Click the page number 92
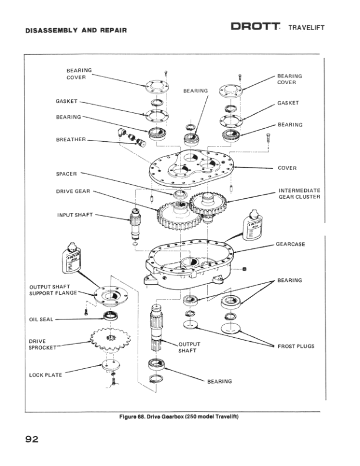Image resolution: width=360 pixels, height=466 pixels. tap(32, 439)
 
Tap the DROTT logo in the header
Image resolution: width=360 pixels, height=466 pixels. tap(255, 28)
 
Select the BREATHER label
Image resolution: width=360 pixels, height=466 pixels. tap(71, 139)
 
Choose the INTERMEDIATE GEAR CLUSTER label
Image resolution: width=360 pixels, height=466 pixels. tap(299, 194)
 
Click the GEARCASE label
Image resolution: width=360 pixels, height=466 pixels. tap(291, 244)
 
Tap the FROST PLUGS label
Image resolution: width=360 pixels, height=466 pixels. tap(296, 346)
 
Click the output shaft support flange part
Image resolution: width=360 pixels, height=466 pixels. tap(108, 294)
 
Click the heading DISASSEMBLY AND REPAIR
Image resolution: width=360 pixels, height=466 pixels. tap(76, 30)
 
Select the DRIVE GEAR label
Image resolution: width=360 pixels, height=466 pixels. tap(74, 191)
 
